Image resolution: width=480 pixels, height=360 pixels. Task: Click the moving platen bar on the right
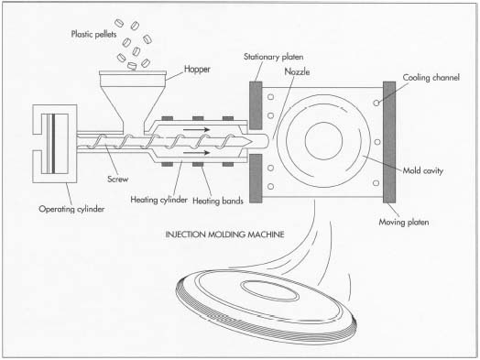(388, 142)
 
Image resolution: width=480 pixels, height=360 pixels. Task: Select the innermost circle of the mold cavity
(322, 142)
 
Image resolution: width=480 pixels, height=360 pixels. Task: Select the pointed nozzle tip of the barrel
(271, 142)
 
